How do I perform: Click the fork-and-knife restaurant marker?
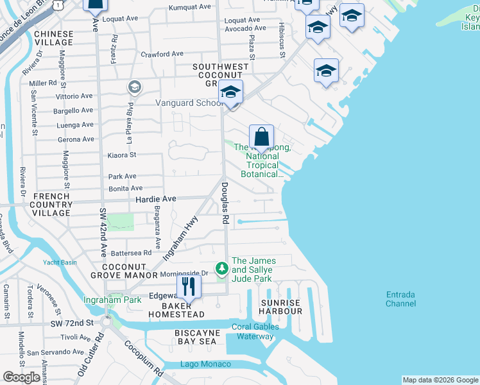pos(188,286)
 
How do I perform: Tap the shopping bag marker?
pos(261,137)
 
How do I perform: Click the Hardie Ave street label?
pos(155,200)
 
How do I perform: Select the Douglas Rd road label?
pos(225,202)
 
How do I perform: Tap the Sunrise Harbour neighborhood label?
pos(280,307)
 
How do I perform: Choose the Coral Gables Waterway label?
pos(255,331)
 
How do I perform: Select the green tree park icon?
pos(221,266)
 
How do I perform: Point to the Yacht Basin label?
pos(60,262)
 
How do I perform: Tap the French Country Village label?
pos(51,204)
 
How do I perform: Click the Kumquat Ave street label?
pos(189,8)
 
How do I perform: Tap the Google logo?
pos(21,377)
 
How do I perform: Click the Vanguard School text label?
pos(187,103)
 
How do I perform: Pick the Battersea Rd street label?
pos(131,253)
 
